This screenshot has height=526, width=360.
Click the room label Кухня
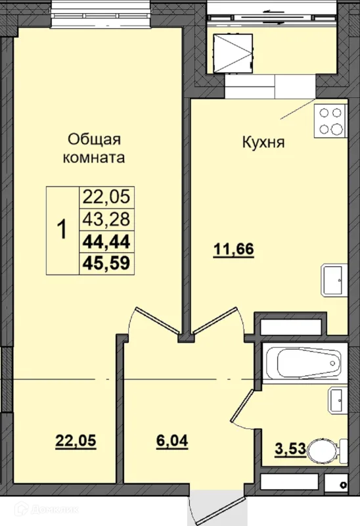click(x=263, y=143)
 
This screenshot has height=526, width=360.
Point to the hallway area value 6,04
click(x=173, y=442)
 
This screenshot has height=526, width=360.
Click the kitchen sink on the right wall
click(x=334, y=281)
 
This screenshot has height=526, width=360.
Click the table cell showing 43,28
click(x=106, y=218)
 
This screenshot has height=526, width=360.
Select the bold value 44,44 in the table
click(x=106, y=241)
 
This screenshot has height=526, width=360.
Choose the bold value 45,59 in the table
click(x=106, y=264)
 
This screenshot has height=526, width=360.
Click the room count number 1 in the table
click(x=62, y=230)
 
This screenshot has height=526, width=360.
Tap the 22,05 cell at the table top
click(x=106, y=196)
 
